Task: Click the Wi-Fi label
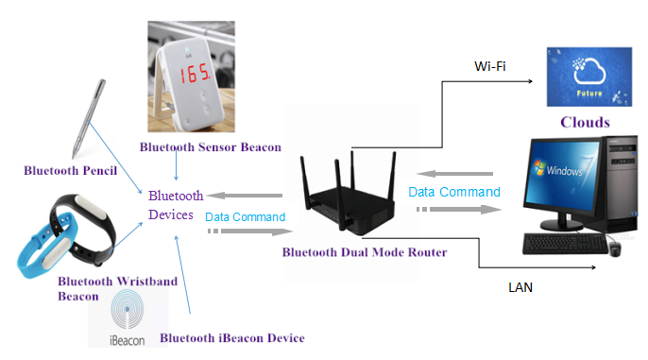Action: click(489, 68)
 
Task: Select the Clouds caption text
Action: click(585, 123)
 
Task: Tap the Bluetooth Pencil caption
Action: click(71, 171)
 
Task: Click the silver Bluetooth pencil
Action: click(87, 118)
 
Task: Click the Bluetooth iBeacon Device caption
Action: click(232, 337)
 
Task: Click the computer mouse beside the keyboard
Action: click(614, 248)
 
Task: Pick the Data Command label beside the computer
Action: click(454, 192)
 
